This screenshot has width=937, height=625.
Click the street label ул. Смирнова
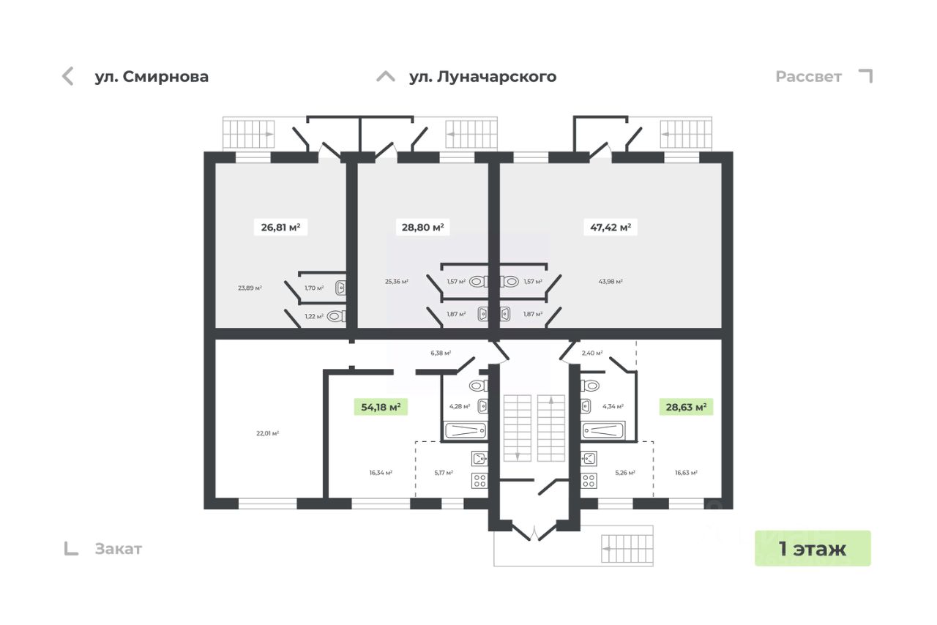click(x=152, y=77)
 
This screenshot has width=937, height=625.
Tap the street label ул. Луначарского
click(x=482, y=77)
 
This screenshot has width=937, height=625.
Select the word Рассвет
click(x=809, y=77)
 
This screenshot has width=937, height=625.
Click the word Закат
click(x=119, y=549)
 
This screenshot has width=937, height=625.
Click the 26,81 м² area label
click(x=280, y=227)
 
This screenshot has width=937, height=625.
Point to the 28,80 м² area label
click(x=422, y=227)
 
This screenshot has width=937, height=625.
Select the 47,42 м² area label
click(x=611, y=227)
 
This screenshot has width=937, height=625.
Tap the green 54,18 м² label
click(x=381, y=407)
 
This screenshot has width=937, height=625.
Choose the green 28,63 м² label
click(x=685, y=407)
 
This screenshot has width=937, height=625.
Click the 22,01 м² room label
click(x=268, y=433)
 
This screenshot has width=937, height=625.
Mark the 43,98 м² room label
click(x=611, y=282)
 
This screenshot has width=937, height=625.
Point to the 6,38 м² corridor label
click(x=441, y=353)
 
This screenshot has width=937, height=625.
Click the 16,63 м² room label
click(x=686, y=473)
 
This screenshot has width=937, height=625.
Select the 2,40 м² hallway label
click(x=591, y=353)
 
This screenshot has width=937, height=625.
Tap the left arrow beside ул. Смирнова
click(x=68, y=76)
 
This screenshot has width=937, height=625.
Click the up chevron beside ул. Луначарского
click(x=386, y=77)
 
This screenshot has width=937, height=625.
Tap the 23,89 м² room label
click(x=250, y=288)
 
